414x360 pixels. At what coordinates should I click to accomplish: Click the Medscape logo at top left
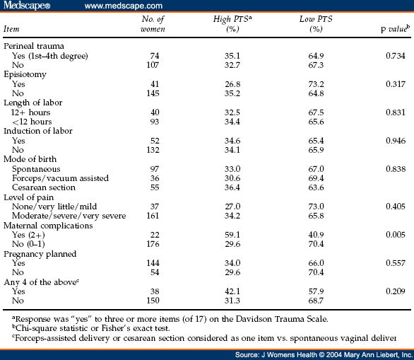(27, 5)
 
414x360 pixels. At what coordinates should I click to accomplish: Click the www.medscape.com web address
(124, 6)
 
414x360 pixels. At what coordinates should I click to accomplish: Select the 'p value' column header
(395, 29)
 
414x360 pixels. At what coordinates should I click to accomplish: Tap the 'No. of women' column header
(153, 24)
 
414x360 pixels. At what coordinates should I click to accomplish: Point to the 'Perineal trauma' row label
(34, 46)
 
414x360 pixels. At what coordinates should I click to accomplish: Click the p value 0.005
(395, 235)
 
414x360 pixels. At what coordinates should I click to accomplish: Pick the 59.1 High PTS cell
(232, 235)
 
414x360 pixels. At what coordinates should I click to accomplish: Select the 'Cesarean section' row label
(44, 187)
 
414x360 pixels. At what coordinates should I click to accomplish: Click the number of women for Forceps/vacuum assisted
(155, 178)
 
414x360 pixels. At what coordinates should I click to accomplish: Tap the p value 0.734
(395, 56)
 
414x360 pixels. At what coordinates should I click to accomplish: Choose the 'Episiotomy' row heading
(25, 75)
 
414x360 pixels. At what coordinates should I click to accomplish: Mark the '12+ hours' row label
(30, 112)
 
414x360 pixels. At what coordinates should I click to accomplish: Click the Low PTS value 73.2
(316, 84)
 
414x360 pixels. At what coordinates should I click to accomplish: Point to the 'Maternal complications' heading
(48, 226)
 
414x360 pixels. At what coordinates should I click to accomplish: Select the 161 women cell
(153, 216)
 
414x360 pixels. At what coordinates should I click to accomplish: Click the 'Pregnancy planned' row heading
(40, 255)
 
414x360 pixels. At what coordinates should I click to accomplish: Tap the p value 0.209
(395, 291)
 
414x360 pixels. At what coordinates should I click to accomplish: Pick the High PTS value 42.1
(232, 291)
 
